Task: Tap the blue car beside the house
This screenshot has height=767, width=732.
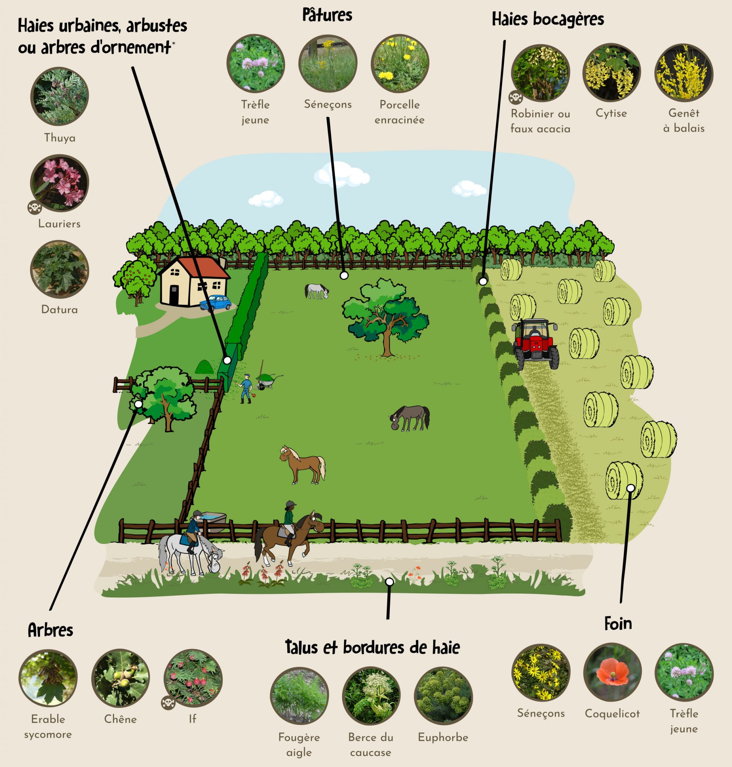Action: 215,302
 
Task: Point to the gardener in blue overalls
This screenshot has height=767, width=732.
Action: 245,389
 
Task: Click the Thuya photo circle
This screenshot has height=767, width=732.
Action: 60,96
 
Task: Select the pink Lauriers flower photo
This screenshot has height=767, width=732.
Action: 60,183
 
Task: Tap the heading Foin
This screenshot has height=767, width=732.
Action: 618,624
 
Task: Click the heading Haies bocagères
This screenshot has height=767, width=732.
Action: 547,19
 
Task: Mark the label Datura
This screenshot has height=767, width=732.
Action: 60,310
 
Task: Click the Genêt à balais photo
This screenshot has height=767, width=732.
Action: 684,73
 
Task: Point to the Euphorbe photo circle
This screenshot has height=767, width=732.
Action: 443,695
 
